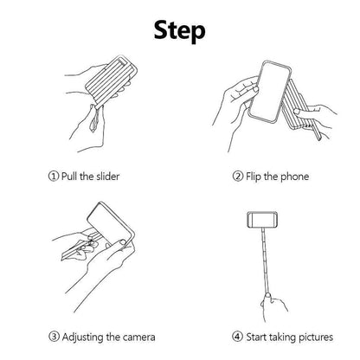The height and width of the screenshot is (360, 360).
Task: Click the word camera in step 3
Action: tap(128, 335)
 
